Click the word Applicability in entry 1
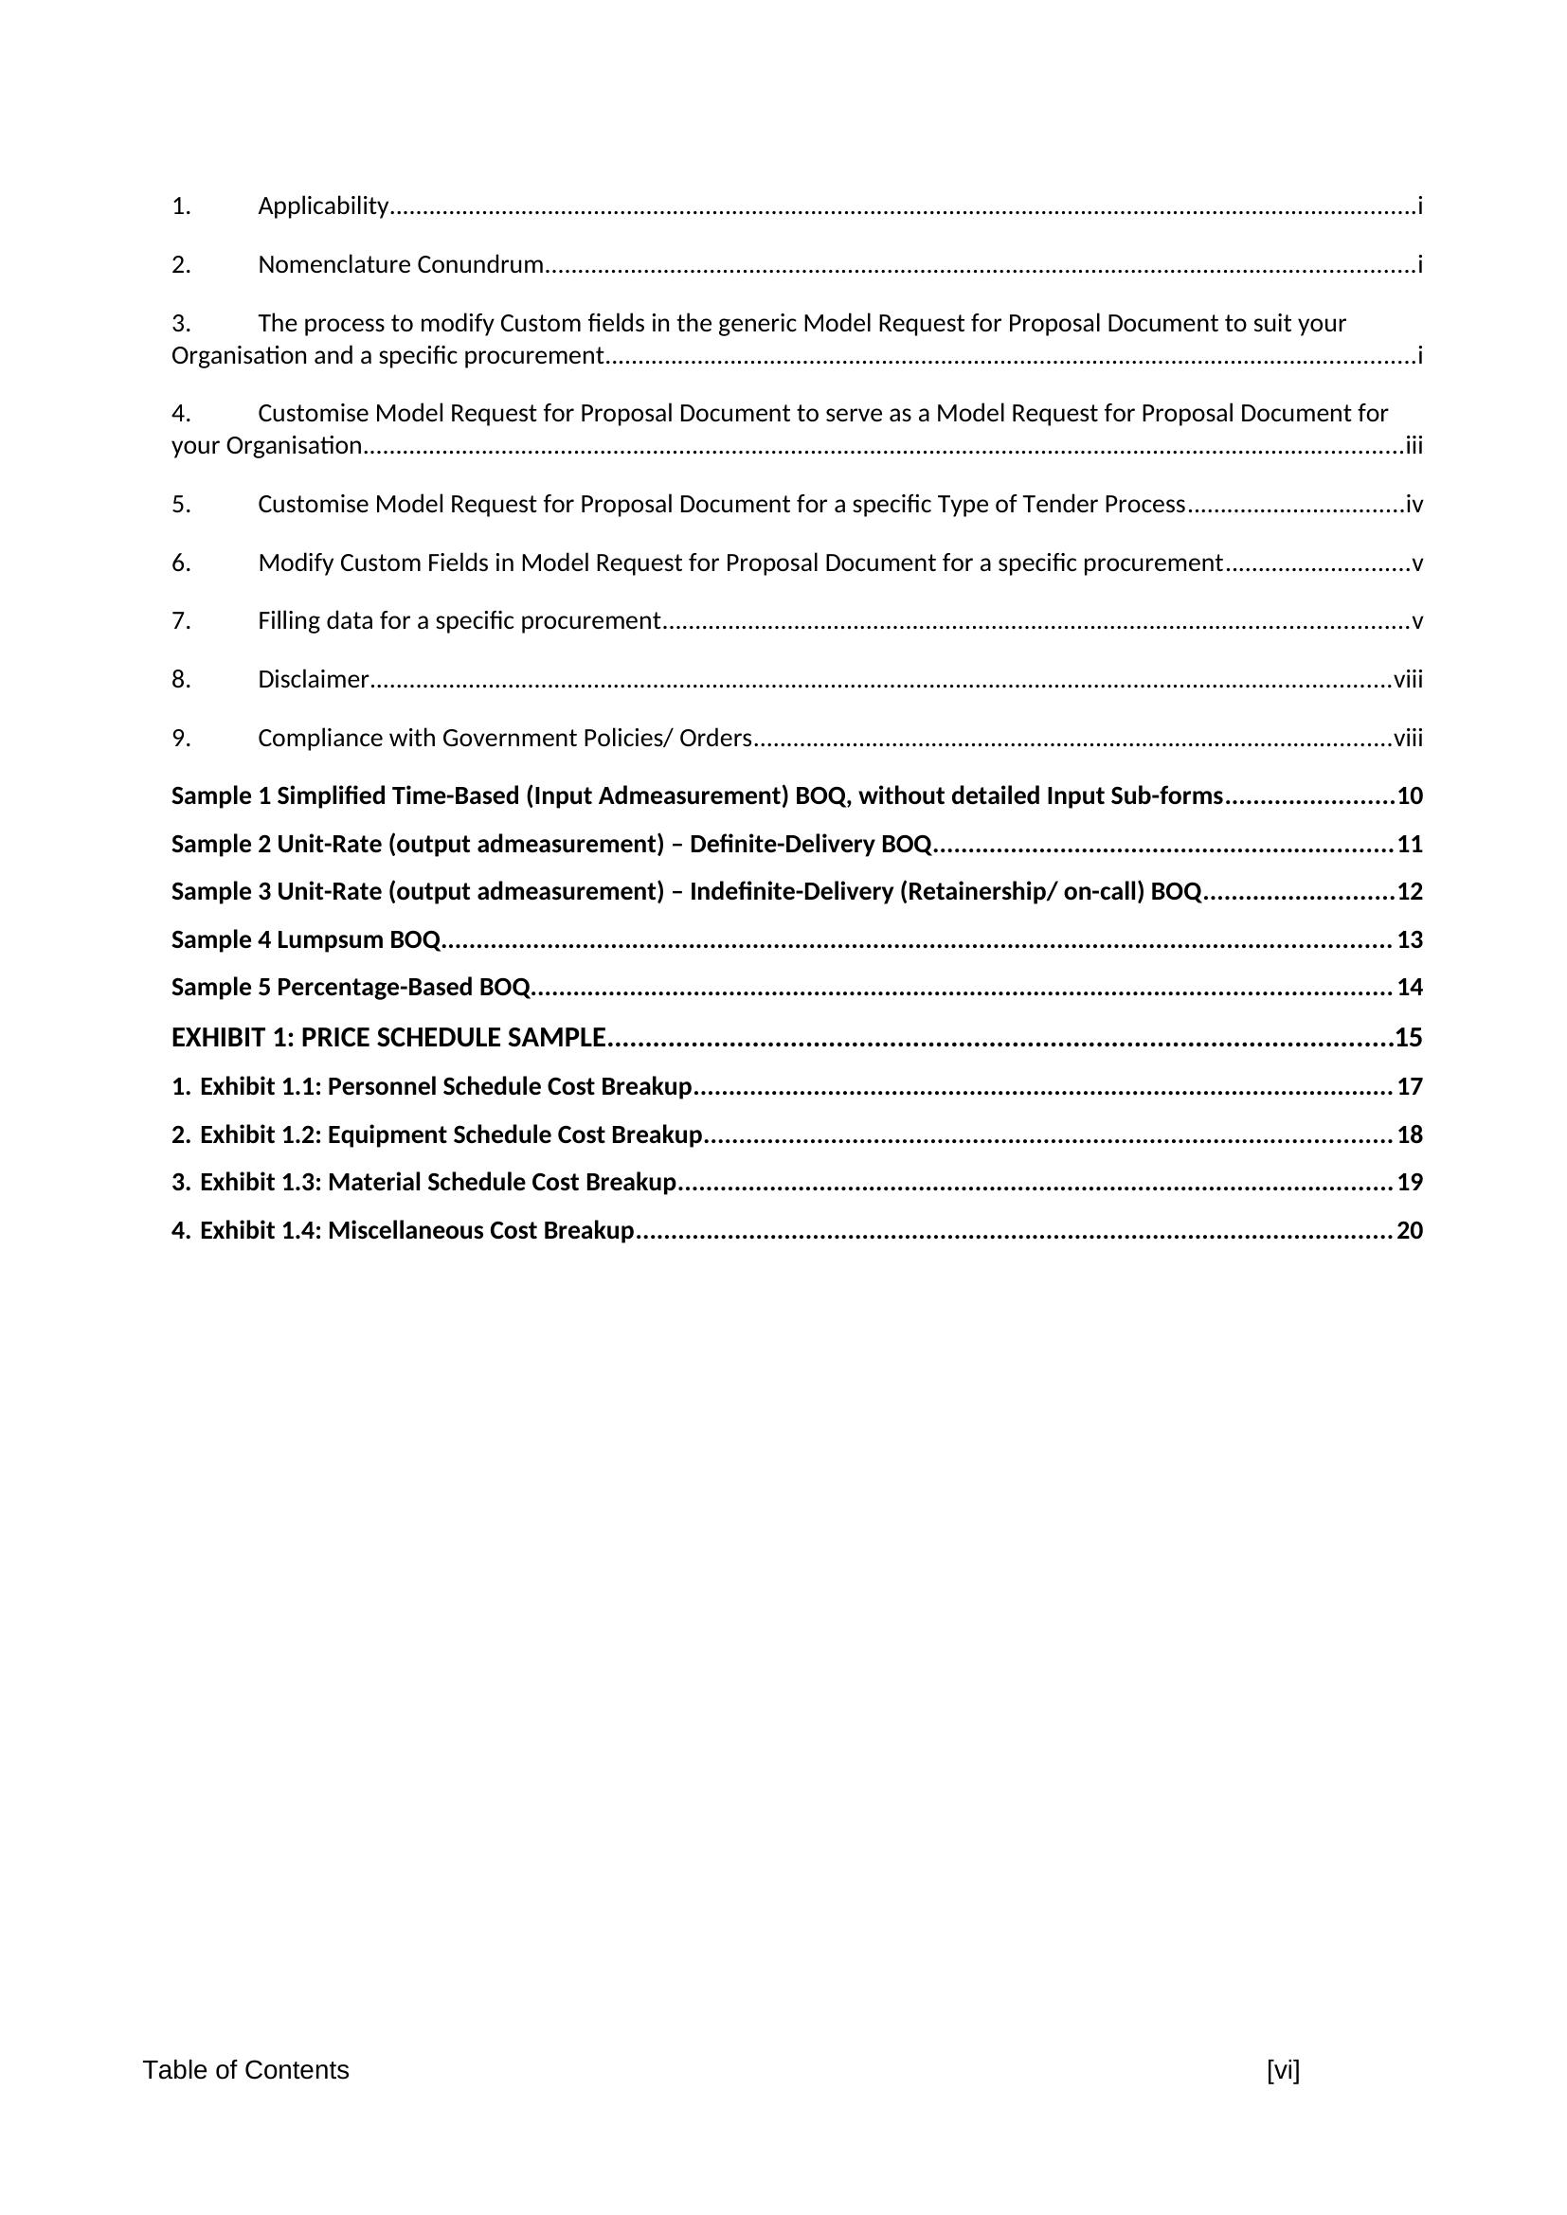(322, 206)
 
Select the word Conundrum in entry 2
(479, 264)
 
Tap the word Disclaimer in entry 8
(313, 680)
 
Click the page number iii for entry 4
(1414, 446)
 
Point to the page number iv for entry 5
(1414, 505)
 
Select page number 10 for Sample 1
(1410, 795)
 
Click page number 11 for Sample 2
(1410, 844)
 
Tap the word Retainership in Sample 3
(975, 891)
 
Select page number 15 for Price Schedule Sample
(1409, 1038)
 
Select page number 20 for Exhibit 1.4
(1410, 1231)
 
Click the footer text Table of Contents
(246, 2070)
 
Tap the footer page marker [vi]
(1283, 2070)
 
